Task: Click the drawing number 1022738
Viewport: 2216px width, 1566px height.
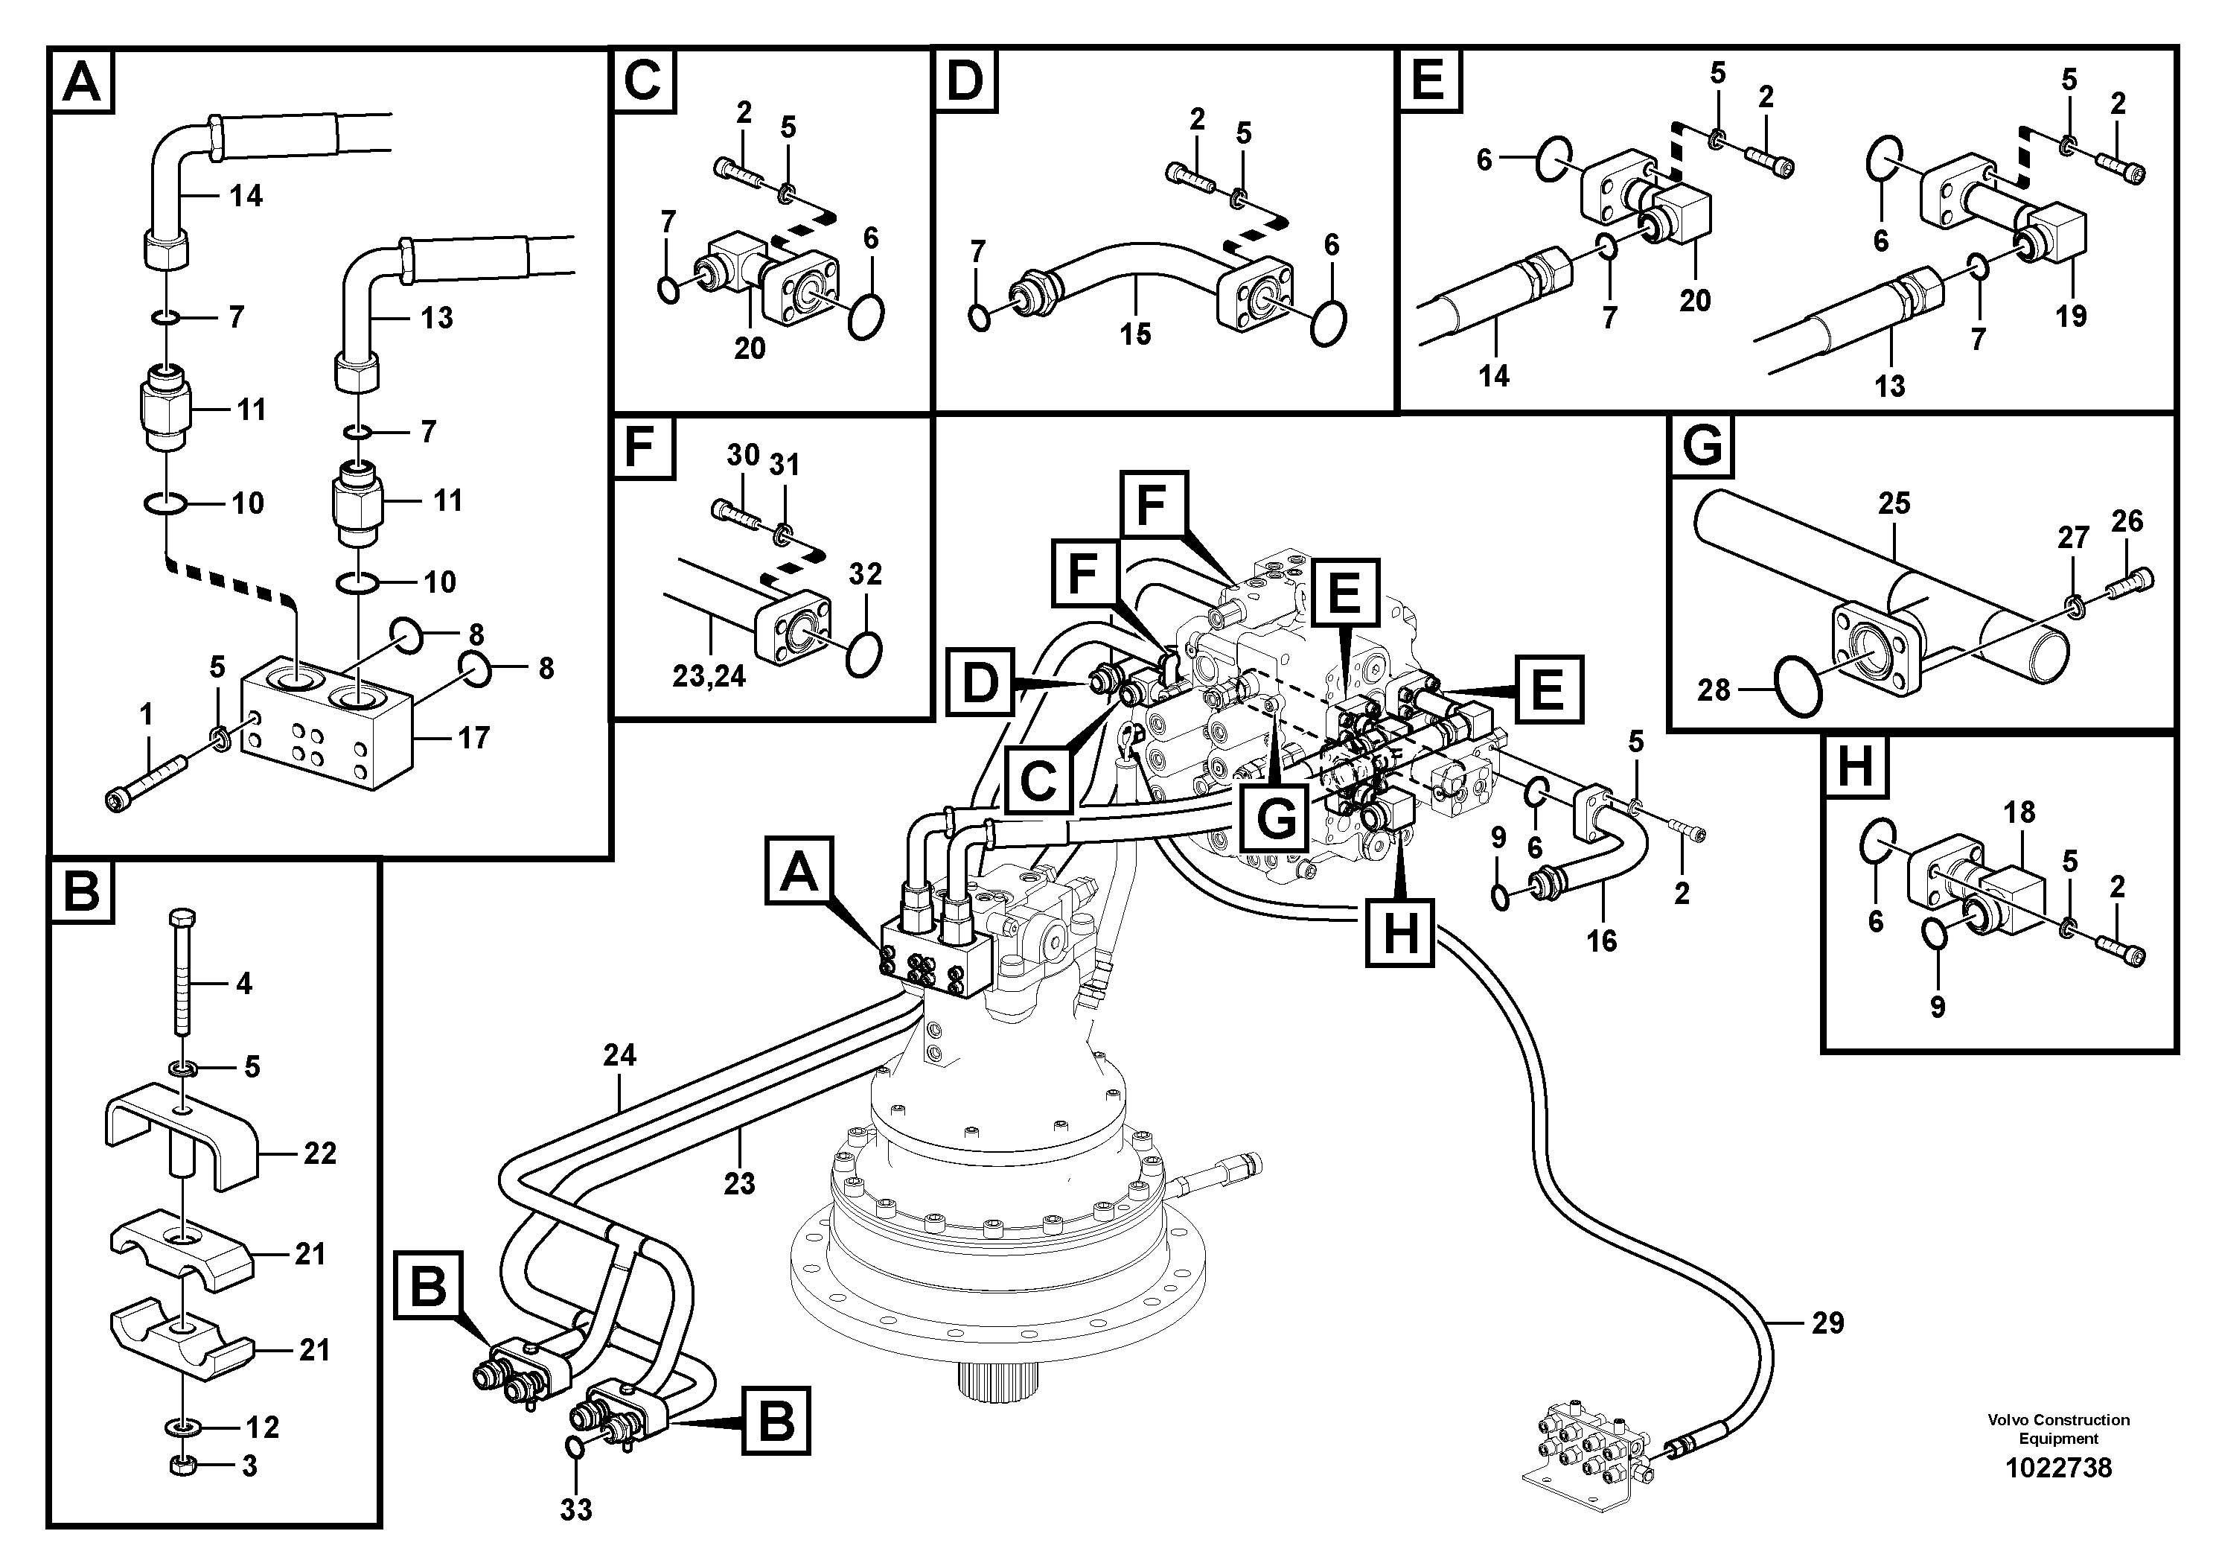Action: (x=2057, y=1468)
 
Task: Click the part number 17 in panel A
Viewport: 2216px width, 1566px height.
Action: (x=473, y=738)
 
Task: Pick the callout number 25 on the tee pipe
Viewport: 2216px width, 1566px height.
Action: (x=1894, y=503)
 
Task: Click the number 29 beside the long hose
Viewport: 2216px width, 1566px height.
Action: (x=1827, y=1322)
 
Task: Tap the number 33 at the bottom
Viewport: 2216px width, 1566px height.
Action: (x=576, y=1509)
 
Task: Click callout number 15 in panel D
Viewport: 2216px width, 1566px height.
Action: (x=1135, y=334)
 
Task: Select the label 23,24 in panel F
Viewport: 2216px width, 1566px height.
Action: (x=709, y=676)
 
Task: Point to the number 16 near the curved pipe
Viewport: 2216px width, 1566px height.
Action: (x=1601, y=940)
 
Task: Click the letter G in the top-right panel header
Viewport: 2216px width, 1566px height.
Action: (x=1702, y=447)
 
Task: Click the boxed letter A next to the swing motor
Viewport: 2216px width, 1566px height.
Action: (x=798, y=872)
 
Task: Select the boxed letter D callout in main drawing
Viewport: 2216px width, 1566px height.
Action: (x=980, y=684)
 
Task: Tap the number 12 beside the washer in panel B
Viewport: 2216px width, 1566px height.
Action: (x=261, y=1426)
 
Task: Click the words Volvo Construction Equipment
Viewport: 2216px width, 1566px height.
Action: (x=2057, y=1429)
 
